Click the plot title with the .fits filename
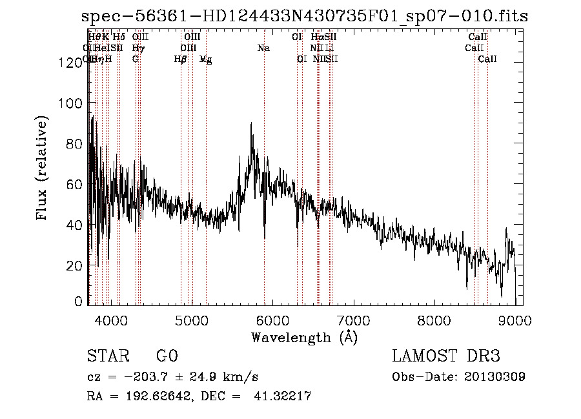pyautogui.click(x=305, y=17)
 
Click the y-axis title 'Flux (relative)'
pyautogui.click(x=43, y=169)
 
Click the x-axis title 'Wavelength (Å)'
pyautogui.click(x=304, y=337)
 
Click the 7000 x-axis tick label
pyautogui.click(x=353, y=320)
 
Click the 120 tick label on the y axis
pyautogui.click(x=68, y=63)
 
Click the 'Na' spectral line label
pyautogui.click(x=263, y=48)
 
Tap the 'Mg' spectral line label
pyautogui.click(x=205, y=59)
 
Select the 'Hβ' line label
pyautogui.click(x=181, y=59)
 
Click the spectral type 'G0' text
pyautogui.click(x=167, y=357)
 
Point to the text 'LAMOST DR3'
pyautogui.click(x=446, y=357)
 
